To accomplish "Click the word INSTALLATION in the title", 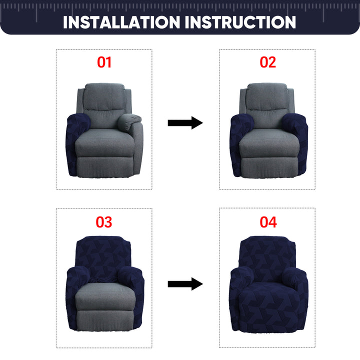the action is (x=121, y=22).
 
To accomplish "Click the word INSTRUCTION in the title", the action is (x=240, y=22).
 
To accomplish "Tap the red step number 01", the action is (x=104, y=62).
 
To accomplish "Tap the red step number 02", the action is (x=267, y=62).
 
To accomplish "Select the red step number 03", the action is (x=104, y=222).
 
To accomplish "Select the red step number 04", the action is (x=268, y=222).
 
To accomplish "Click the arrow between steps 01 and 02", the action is (x=185, y=123).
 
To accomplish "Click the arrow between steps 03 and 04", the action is (x=185, y=284).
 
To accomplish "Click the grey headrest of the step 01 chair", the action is (x=104, y=96).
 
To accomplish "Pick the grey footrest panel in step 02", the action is (x=269, y=167).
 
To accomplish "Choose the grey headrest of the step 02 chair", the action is (x=267, y=96).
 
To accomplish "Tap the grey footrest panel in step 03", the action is (x=105, y=320).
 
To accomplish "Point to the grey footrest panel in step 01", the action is (x=105, y=167).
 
